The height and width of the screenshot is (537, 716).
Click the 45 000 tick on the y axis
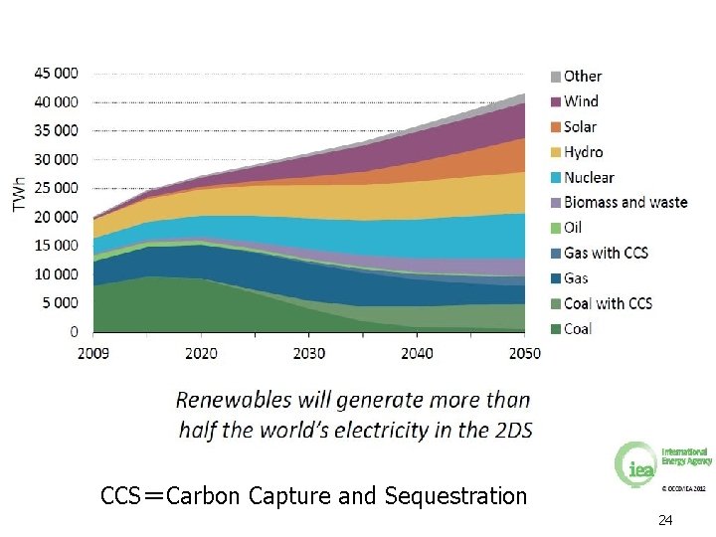pos(56,73)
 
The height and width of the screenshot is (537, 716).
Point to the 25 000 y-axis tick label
pos(56,188)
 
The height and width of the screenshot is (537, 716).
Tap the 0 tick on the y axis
pos(73,331)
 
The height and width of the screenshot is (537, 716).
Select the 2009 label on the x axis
pos(93,353)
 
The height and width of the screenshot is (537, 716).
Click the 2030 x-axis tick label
pos(309,353)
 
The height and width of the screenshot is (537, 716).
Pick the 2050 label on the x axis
pos(524,353)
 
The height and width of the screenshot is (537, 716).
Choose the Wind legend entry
pos(581,101)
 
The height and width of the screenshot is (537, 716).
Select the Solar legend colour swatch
pos(556,127)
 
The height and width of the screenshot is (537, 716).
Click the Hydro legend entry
pos(583,152)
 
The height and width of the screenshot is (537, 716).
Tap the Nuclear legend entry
pos(589,178)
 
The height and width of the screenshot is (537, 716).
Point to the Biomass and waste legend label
pos(626,203)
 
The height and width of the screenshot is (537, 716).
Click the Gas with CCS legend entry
pos(606,254)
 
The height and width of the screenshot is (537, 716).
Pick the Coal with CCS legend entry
pos(608,304)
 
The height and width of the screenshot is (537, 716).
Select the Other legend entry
pos(583,76)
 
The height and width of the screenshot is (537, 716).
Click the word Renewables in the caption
pos(234,401)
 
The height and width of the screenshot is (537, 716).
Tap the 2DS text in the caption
pos(510,431)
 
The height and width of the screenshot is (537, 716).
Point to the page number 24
pos(664,521)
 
